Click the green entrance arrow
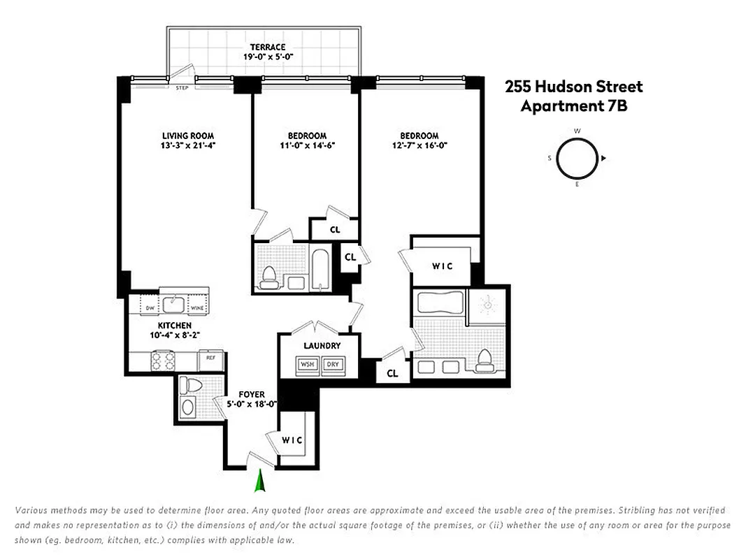pos(260,481)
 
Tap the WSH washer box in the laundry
pos(306,364)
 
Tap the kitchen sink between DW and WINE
pos(173,305)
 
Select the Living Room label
pos(187,136)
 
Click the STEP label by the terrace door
pos(182,89)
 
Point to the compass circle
pos(577,158)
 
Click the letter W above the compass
pos(578,131)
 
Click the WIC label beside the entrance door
pos(292,440)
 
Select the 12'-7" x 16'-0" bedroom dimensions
pos(419,146)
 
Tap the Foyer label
pos(251,394)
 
